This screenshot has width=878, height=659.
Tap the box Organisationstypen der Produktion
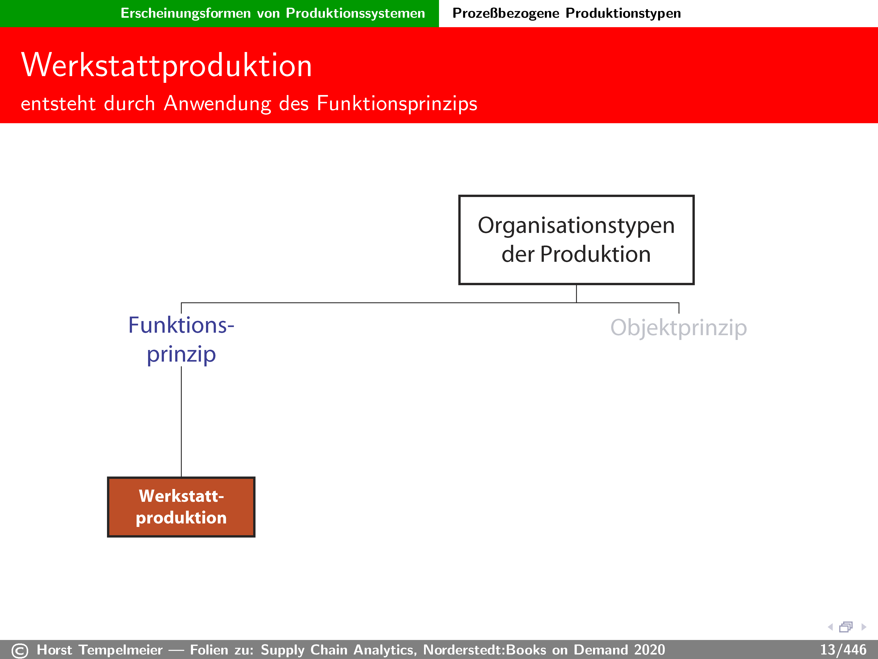point(576,240)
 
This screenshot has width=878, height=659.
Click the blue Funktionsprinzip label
point(181,340)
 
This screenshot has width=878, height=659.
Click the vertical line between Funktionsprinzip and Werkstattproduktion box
point(181,421)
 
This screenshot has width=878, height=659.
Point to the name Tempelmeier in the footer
point(121,650)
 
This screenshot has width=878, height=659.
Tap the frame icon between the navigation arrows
point(846,627)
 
